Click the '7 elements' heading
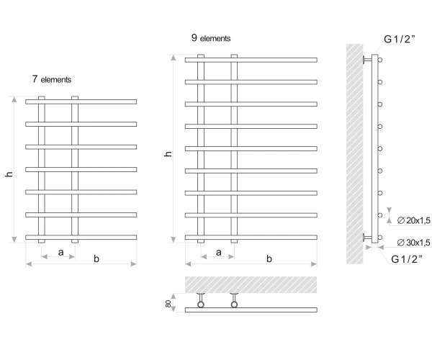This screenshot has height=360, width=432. [52, 79]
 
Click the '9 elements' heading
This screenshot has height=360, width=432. [211, 38]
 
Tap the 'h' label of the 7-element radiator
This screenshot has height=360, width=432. [9, 174]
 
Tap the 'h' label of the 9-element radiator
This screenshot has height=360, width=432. [168, 154]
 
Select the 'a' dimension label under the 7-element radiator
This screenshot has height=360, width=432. [61, 252]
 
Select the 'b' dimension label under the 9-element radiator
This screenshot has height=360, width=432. [269, 258]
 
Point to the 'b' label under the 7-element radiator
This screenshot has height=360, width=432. [96, 258]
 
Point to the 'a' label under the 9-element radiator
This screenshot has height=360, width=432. [219, 252]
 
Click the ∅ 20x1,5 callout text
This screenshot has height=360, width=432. [413, 220]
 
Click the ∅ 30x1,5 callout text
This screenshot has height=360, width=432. [413, 243]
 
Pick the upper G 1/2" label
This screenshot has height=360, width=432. [399, 39]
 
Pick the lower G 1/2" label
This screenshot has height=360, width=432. [407, 259]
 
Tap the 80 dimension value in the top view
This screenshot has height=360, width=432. [168, 304]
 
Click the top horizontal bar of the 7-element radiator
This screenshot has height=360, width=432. [81, 102]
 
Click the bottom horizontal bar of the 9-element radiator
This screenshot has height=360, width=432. [251, 238]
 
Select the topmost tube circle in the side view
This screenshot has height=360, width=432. [380, 60]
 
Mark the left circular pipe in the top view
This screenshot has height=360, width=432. [201, 305]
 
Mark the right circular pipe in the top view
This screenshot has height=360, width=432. [234, 305]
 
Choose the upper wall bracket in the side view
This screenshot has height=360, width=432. [367, 60]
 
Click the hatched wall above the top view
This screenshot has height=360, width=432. [251, 285]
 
